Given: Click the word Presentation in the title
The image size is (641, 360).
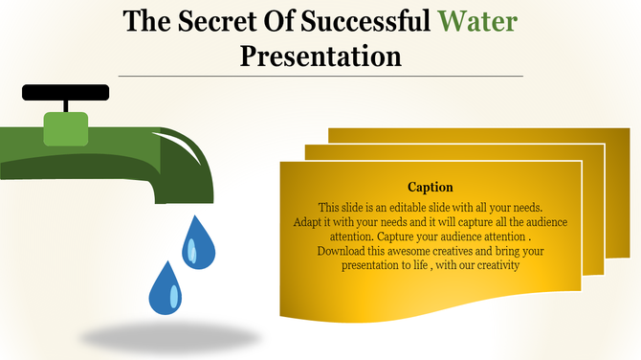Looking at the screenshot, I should pyautogui.click(x=320, y=56).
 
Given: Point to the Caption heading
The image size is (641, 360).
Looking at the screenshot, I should pyautogui.click(x=431, y=187).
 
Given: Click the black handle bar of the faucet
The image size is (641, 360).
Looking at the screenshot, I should pyautogui.click(x=65, y=93).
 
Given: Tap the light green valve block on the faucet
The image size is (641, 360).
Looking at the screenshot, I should pyautogui.click(x=66, y=128).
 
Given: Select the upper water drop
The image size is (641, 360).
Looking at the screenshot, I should pyautogui.click(x=198, y=242).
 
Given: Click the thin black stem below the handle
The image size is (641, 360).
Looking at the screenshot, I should pyautogui.click(x=66, y=107).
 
